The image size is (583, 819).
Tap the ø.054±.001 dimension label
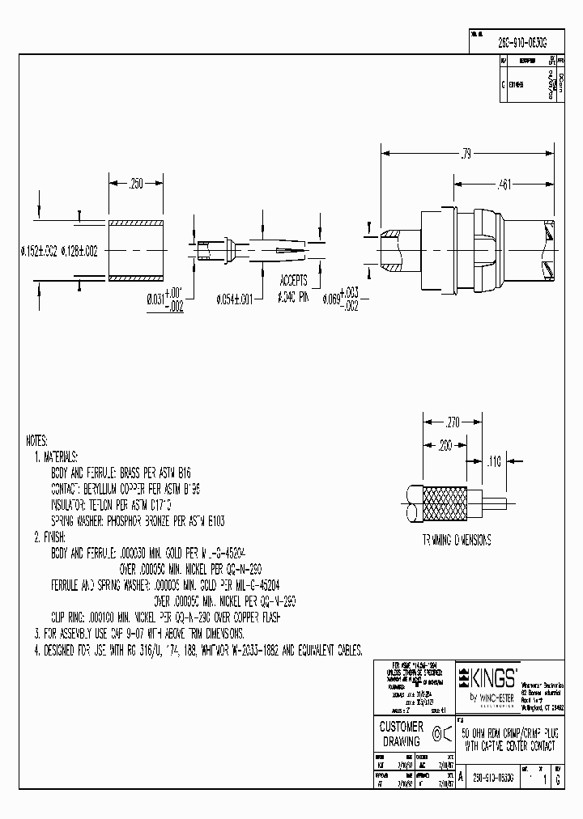click(x=235, y=299)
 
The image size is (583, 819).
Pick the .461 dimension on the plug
click(x=503, y=185)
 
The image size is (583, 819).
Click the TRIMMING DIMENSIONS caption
click(x=457, y=540)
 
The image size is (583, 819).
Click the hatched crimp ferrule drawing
click(x=137, y=251)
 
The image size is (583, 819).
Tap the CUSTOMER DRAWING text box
click(x=402, y=734)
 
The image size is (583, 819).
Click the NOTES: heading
click(x=37, y=442)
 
